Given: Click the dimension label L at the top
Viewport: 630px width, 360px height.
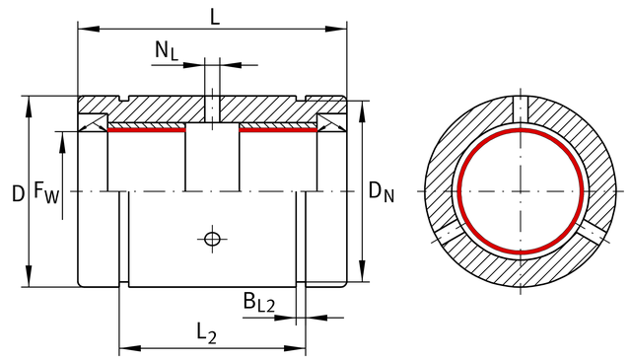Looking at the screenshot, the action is point(215,17).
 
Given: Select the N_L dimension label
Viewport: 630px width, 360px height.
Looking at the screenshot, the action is point(167,51).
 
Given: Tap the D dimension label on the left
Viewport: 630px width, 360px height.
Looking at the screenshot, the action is point(18,193).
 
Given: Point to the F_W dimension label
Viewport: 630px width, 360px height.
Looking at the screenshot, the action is point(46,192).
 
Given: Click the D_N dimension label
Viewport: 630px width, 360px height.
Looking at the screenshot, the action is point(382,191).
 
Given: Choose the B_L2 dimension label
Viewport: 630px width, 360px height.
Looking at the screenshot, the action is point(259,302).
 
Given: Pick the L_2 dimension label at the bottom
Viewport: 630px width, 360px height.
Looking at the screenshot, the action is point(206,334).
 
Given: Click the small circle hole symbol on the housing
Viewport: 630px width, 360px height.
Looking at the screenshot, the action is point(212,239).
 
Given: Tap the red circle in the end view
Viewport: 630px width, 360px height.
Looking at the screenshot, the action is point(521,129).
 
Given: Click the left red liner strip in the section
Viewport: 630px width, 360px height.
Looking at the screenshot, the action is point(147,130).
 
